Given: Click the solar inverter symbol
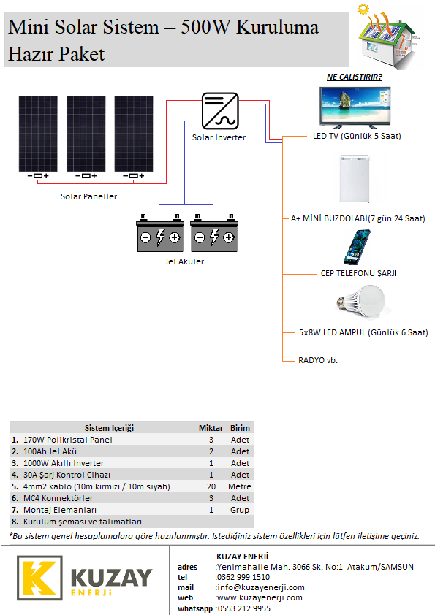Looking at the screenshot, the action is point(220,111).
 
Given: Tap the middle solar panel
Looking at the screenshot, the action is point(86,134).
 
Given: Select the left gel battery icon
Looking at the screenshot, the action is point(160,233).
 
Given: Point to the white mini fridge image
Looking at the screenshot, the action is point(355,178).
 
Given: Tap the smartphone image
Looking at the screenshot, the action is point(357,247).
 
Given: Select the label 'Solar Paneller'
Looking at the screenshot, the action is point(88,196).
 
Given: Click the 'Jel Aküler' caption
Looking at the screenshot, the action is point(184,261).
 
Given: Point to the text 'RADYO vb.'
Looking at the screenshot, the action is point(318,360).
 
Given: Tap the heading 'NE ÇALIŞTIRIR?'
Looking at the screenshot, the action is point(355,77).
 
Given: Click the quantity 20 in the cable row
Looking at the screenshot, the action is point(211,486).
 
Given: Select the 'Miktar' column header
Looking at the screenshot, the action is point(211,428).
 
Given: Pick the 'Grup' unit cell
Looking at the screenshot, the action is point(240,510).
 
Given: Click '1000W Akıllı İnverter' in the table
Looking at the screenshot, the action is point(64,463).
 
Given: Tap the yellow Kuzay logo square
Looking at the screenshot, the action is point(39,578).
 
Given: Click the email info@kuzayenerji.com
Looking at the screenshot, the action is point(261,587).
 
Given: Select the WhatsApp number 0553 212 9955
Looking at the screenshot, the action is point(244,608).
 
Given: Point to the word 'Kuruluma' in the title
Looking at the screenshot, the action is point(278,27).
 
